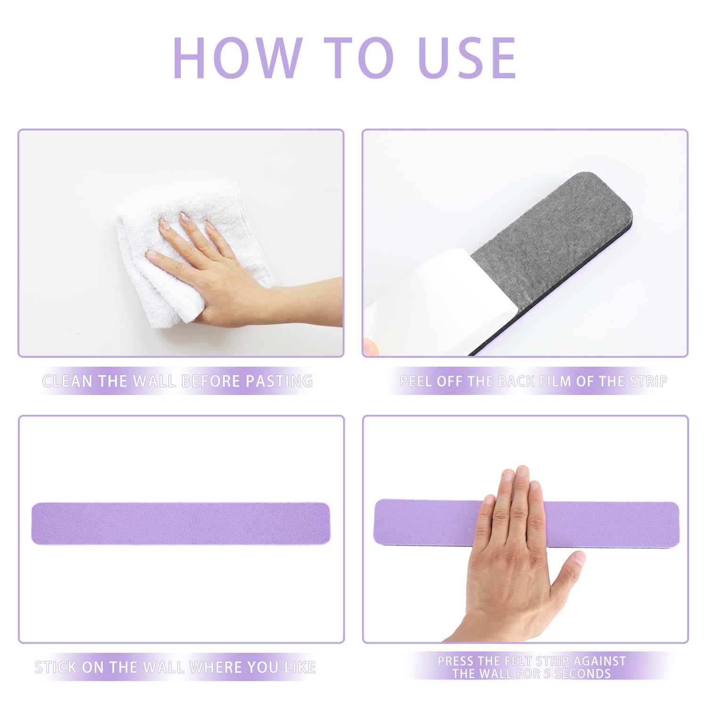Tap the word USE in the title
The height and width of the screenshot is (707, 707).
468,57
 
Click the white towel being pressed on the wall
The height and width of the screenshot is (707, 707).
189,257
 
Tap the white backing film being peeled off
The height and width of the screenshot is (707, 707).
424,302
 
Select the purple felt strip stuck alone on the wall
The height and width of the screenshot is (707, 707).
181,524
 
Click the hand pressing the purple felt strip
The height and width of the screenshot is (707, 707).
516,551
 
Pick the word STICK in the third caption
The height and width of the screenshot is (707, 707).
56,667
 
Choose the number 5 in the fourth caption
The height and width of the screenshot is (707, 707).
547,674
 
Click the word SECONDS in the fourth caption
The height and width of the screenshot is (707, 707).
583,674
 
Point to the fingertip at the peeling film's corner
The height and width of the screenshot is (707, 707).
370,346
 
